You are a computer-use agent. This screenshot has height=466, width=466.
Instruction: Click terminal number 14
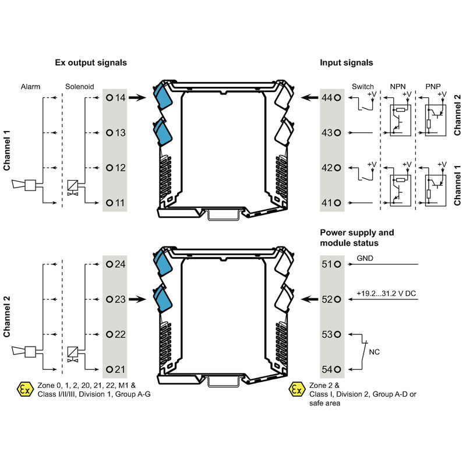tap(116, 98)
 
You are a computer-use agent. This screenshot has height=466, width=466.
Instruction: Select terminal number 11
tap(116, 203)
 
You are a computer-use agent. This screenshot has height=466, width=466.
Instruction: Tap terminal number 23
tap(116, 299)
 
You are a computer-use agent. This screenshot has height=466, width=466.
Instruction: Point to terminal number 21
tap(116, 369)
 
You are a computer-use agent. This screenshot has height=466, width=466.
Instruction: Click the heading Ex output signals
tap(91, 62)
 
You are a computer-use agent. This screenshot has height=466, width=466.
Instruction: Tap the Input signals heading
tap(347, 62)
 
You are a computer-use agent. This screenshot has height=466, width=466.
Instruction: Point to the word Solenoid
tap(80, 86)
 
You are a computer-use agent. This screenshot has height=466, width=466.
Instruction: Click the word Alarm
tap(30, 86)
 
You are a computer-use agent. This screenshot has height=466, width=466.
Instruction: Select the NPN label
tap(398, 86)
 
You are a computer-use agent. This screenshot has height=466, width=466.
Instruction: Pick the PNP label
tap(433, 86)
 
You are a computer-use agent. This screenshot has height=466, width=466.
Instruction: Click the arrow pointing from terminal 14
tap(137, 98)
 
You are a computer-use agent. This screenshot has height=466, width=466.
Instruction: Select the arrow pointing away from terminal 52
tap(309, 299)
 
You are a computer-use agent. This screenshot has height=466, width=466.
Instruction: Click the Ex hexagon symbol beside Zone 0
tap(24, 389)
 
